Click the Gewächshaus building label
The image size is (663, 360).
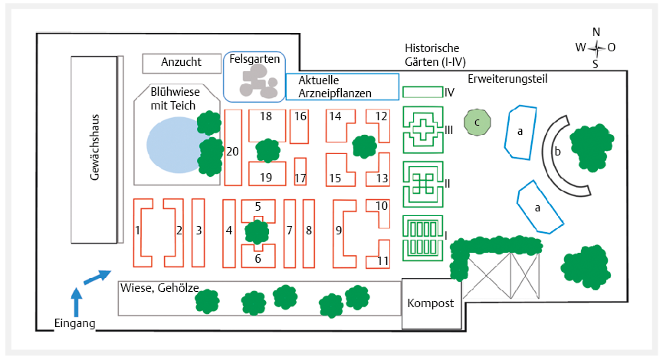pyautogui.click(x=96, y=149)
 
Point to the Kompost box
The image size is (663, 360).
pyautogui.click(x=430, y=303)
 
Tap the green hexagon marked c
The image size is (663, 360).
pyautogui.click(x=477, y=121)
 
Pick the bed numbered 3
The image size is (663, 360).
pyautogui.click(x=198, y=230)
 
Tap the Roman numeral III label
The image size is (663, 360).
pyautogui.click(x=449, y=130)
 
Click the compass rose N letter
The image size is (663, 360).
pyautogui.click(x=596, y=31)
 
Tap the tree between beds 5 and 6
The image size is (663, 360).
pyautogui.click(x=258, y=231)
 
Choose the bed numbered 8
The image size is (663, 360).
pyautogui.click(x=309, y=230)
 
